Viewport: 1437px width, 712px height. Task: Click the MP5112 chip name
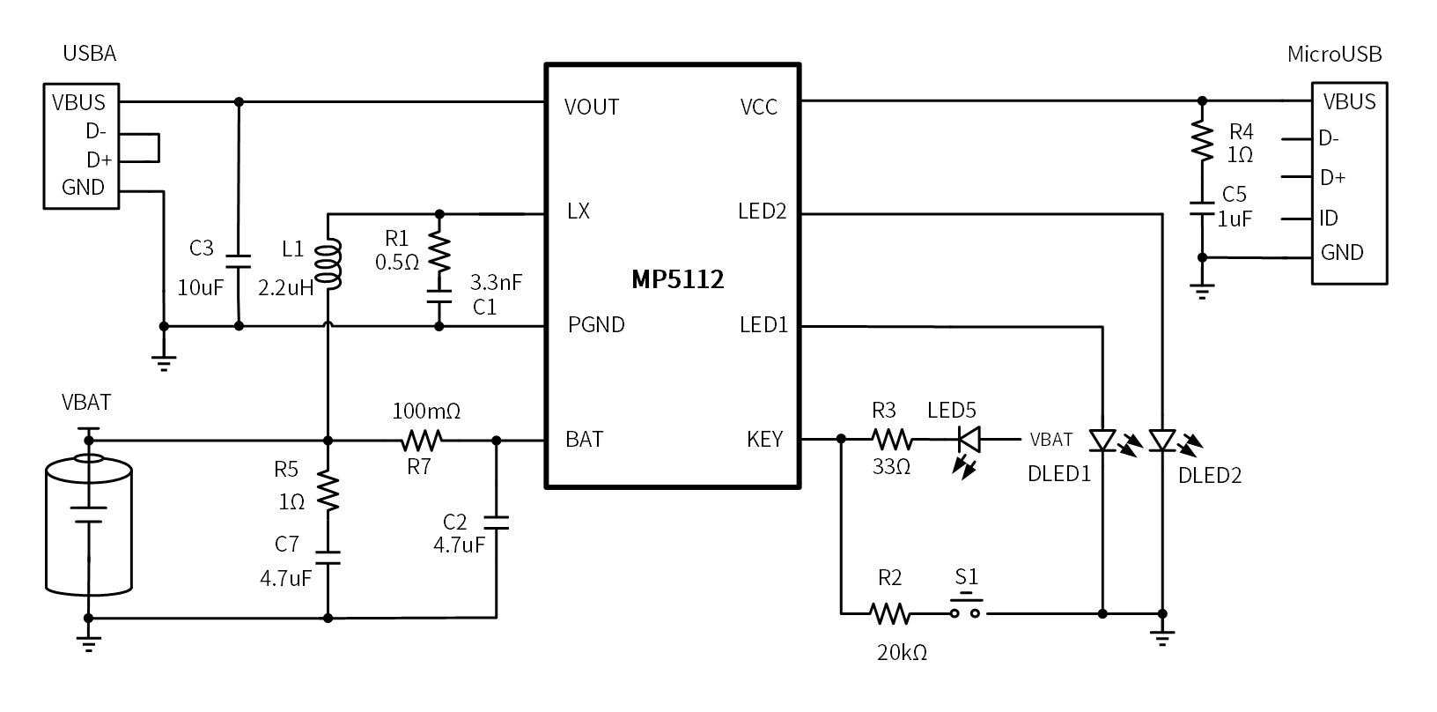coord(677,279)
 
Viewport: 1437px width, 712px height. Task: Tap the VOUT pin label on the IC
coord(592,107)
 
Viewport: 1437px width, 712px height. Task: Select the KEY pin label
coord(764,439)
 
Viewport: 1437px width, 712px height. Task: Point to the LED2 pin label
coord(763,211)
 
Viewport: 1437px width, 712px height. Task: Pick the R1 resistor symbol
coord(439,252)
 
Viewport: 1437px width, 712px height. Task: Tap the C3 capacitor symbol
coord(239,262)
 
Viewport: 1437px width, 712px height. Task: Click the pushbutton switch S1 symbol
coord(965,607)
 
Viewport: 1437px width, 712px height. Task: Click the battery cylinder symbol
coord(89,524)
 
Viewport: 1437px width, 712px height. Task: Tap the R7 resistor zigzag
coord(422,441)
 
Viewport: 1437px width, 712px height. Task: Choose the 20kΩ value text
coord(902,653)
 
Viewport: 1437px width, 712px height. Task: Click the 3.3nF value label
coord(496,282)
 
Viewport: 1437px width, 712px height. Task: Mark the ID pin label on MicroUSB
coord(1329,219)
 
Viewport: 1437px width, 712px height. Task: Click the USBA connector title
coord(89,53)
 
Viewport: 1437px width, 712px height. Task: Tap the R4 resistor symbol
coord(1202,141)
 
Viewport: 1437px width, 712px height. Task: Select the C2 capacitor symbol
coord(496,523)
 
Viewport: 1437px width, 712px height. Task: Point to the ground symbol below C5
coord(1202,292)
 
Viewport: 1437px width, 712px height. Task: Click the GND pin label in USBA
coord(83,188)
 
